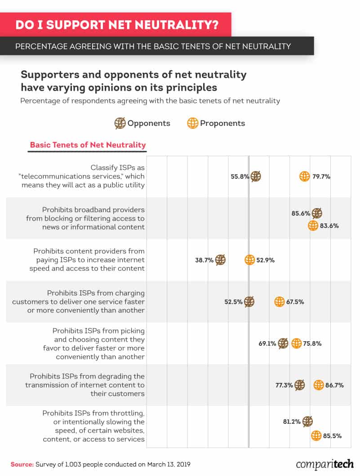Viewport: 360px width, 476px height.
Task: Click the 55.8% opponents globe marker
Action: (256, 177)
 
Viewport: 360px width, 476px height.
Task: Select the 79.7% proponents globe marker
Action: (304, 177)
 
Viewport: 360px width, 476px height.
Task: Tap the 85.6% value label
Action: (301, 213)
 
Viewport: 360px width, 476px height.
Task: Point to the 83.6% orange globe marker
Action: (313, 226)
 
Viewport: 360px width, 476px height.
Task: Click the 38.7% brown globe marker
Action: (220, 260)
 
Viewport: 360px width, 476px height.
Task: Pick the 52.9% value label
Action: (266, 260)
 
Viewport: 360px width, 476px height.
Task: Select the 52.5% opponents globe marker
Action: (249, 302)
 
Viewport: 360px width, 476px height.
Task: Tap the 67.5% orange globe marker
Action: (280, 302)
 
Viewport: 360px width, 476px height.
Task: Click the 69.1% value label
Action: (267, 344)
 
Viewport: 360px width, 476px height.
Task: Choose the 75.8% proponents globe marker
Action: (296, 344)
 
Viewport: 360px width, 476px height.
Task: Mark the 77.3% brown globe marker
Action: (300, 385)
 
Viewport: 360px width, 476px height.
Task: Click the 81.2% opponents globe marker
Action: (308, 421)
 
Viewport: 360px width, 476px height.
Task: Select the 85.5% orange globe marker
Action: (316, 435)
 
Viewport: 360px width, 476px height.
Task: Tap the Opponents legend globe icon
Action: (120, 123)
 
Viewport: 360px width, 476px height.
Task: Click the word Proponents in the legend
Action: (222, 123)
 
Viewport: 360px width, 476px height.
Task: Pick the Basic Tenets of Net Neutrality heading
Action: (88, 145)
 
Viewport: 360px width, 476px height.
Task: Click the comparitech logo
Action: (324, 463)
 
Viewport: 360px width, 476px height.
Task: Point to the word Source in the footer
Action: (22, 463)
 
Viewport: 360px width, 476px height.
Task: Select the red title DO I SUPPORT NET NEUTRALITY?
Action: (117, 24)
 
